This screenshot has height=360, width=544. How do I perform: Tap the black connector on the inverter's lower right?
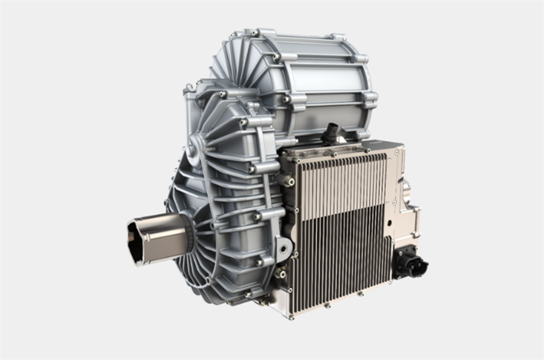click(x=410, y=264)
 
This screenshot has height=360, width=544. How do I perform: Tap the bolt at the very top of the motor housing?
click(x=255, y=33)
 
